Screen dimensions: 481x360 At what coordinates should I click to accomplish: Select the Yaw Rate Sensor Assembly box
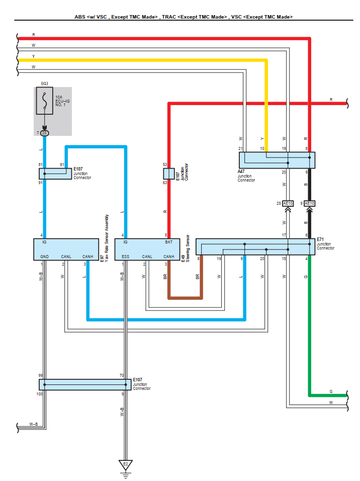[65, 250]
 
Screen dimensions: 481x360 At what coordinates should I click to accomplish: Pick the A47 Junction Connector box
[277, 160]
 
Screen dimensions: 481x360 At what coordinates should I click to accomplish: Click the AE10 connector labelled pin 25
[288, 203]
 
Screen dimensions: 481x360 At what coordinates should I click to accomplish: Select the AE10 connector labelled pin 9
[310, 203]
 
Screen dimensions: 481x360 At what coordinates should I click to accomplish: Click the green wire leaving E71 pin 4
[310, 327]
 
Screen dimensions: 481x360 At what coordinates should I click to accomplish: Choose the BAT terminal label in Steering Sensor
[168, 243]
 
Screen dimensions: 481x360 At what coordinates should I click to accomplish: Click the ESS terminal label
[125, 257]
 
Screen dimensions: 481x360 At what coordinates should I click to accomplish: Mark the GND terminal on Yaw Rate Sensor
[44, 257]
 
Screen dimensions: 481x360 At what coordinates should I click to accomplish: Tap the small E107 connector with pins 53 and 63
[168, 174]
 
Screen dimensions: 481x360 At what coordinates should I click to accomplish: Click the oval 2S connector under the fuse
[45, 133]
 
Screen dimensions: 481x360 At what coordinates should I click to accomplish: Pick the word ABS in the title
[80, 17]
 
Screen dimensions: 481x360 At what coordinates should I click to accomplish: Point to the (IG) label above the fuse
[44, 83]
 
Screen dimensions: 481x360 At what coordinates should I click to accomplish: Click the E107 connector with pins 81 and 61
[55, 174]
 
